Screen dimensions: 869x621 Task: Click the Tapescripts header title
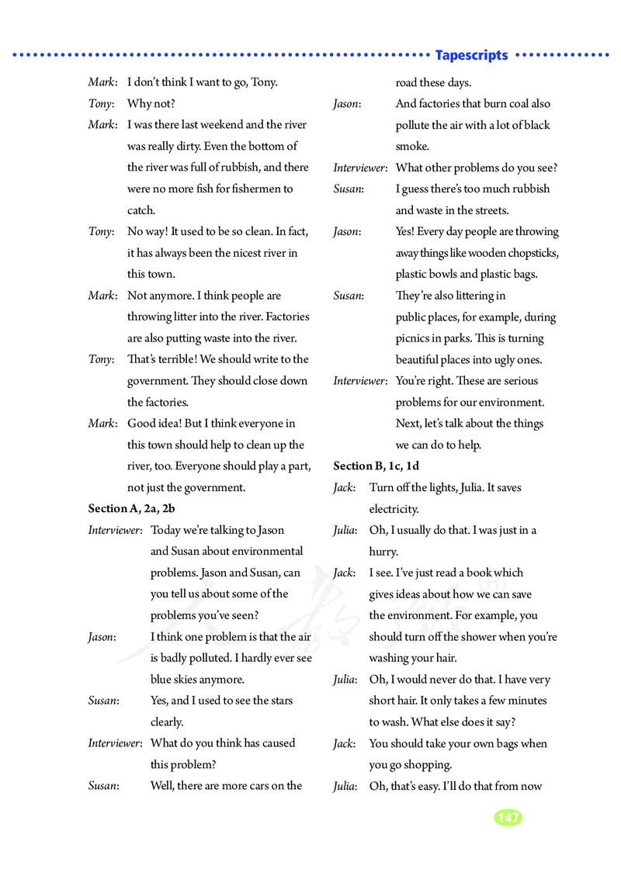(x=472, y=56)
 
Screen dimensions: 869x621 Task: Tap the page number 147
(x=507, y=818)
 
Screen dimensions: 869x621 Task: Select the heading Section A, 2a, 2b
(x=131, y=509)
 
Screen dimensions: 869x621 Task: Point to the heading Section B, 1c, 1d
(x=376, y=466)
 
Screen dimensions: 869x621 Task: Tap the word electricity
(x=394, y=509)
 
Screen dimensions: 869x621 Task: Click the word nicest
(x=238, y=253)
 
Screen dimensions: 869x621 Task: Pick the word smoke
(x=412, y=146)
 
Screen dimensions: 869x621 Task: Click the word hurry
(x=383, y=552)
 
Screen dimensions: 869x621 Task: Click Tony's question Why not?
(x=151, y=103)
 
